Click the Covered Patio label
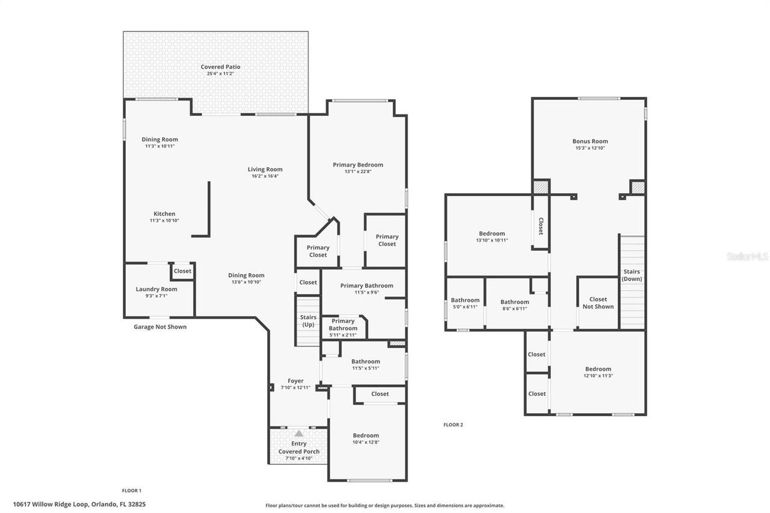[220, 67]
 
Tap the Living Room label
[265, 169]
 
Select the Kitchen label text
[164, 213]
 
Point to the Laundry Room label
[156, 289]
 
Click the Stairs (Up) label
[308, 321]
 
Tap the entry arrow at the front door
[299, 433]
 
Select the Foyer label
[295, 381]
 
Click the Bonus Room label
[590, 141]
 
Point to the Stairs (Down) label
[632, 275]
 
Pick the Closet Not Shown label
[598, 303]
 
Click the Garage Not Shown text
[160, 327]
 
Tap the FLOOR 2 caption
[453, 425]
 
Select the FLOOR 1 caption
[132, 490]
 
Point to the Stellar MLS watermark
[747, 256]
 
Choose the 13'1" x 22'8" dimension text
[358, 171]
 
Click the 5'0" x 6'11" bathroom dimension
[465, 307]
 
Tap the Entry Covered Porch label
[299, 447]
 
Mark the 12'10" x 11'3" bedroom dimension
[598, 376]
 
